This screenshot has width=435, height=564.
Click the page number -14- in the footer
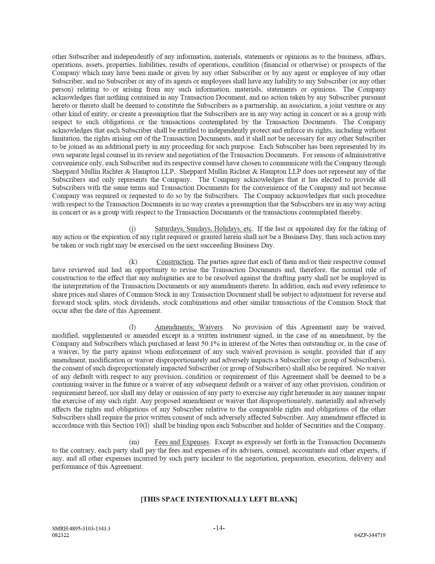(x=219, y=528)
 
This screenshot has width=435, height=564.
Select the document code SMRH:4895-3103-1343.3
(x=81, y=529)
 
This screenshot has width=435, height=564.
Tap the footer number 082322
(x=60, y=535)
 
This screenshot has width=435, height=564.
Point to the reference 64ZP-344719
(x=370, y=535)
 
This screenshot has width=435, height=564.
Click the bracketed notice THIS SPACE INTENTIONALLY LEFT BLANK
(x=219, y=499)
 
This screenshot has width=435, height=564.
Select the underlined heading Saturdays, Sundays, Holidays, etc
(x=203, y=229)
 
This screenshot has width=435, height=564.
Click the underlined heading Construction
(x=175, y=262)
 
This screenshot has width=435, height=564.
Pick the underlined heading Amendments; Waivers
(x=189, y=327)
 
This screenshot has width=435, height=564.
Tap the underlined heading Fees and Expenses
(x=181, y=442)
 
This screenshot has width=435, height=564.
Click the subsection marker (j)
(x=133, y=229)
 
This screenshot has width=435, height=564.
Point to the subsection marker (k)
(x=133, y=262)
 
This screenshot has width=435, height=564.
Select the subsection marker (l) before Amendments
(x=133, y=327)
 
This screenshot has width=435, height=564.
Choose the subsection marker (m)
(x=134, y=442)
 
